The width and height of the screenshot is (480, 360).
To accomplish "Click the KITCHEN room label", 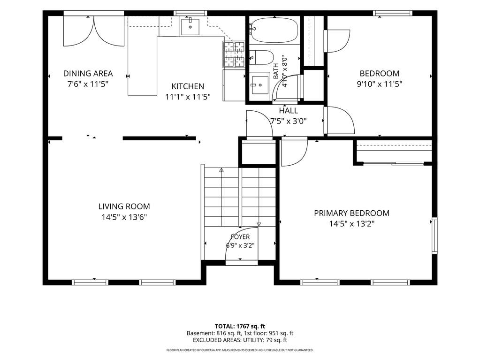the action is (188, 86).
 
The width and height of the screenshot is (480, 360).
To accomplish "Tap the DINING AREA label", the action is (88, 74).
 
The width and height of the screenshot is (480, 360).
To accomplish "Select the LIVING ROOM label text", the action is (124, 207).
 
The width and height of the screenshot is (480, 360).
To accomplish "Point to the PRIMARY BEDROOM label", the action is (352, 213).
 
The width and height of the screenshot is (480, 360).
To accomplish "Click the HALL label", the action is (289, 110).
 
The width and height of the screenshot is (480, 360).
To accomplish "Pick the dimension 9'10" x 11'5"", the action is (379, 84).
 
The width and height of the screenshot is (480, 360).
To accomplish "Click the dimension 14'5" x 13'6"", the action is (124, 217).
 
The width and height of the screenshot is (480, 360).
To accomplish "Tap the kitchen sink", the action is (190, 27).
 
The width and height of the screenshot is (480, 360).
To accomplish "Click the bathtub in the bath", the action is (274, 30).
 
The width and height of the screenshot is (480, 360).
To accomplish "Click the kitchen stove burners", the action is (234, 54).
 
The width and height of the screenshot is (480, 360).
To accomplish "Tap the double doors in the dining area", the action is (94, 31).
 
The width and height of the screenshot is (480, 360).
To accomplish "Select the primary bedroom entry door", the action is (294, 153).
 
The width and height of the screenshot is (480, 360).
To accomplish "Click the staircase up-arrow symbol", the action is (221, 169).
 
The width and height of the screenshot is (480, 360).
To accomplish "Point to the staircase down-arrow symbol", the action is (259, 224).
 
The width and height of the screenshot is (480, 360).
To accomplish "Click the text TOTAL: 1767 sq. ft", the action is (240, 326).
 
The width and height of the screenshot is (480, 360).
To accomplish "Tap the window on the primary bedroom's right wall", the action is (434, 236).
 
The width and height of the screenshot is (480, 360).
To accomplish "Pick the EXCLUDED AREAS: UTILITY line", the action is (240, 340).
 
